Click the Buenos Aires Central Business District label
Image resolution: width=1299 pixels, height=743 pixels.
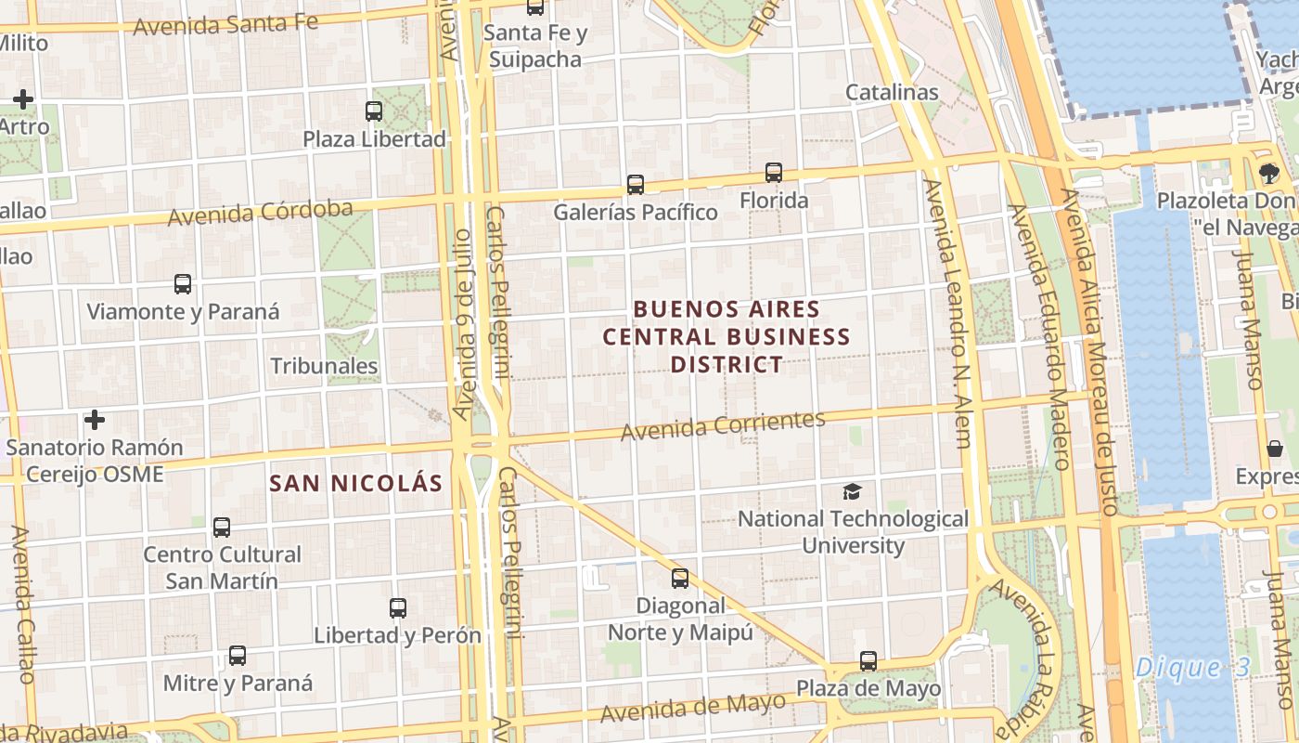727,336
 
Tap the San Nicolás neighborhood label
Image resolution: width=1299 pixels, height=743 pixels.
356,483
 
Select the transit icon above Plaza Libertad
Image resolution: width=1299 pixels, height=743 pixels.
374,111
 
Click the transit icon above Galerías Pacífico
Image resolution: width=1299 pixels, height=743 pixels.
635,185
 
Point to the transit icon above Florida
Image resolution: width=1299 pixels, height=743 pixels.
774,173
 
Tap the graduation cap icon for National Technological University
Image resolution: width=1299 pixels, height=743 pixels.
852,491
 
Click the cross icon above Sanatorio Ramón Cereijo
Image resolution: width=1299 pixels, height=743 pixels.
94,421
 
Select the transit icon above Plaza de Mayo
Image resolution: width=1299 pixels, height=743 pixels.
868,661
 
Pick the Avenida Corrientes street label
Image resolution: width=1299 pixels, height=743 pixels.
723,425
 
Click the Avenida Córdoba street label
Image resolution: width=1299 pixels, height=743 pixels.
260,213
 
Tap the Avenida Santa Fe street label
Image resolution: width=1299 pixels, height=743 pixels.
225,23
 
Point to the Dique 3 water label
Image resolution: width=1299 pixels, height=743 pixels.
1192,667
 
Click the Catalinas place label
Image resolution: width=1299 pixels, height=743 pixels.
892,93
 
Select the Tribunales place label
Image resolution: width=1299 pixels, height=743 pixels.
324,366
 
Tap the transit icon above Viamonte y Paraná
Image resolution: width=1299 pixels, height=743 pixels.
183,284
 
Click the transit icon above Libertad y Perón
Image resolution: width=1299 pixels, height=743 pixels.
398,608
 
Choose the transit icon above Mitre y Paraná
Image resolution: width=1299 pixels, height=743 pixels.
238,656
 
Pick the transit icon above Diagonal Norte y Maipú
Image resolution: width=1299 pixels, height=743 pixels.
680,579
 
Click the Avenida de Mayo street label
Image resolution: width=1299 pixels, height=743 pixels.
692,709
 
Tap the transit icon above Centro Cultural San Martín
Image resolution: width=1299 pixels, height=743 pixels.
222,528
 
